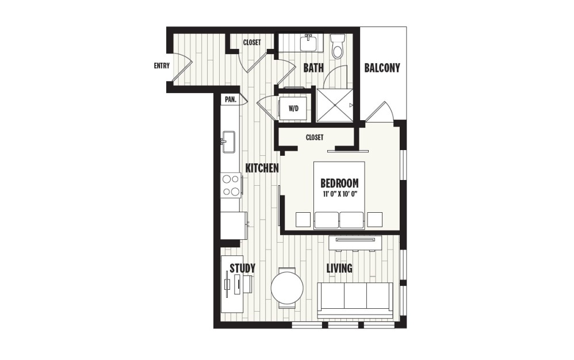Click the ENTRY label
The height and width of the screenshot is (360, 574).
pyautogui.click(x=162, y=66)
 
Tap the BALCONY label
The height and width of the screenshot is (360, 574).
pyautogui.click(x=382, y=68)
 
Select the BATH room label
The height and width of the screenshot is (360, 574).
pyautogui.click(x=313, y=68)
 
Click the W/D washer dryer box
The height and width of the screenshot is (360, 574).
pyautogui.click(x=293, y=108)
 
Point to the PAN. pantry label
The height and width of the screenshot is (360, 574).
pyautogui.click(x=231, y=99)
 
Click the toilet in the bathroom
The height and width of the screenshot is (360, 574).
pyautogui.click(x=338, y=47)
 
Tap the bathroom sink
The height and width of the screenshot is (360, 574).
pyautogui.click(x=309, y=41)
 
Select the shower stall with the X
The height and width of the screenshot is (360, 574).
pyautogui.click(x=334, y=105)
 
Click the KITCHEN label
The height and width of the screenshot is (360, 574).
pyautogui.click(x=262, y=168)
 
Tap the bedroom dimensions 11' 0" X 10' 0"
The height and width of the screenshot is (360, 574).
pyautogui.click(x=339, y=194)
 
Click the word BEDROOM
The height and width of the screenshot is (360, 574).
pyautogui.click(x=339, y=183)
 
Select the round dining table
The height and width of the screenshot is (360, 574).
pyautogui.click(x=287, y=288)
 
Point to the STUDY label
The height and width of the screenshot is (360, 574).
pyautogui.click(x=242, y=269)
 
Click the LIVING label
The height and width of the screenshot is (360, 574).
pyautogui.click(x=339, y=269)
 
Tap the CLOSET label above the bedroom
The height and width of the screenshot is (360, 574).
pyautogui.click(x=315, y=137)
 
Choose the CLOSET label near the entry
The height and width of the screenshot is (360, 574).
pyautogui.click(x=252, y=43)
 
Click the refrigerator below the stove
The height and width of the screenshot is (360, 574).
pyautogui.click(x=234, y=225)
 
